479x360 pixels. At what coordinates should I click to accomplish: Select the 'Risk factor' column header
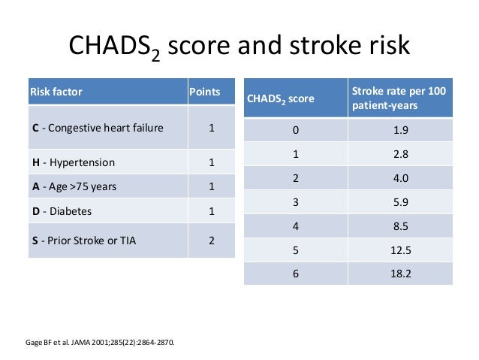point(56,92)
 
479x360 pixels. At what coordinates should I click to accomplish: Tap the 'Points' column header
point(204,92)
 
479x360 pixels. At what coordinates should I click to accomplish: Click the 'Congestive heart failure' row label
point(97,129)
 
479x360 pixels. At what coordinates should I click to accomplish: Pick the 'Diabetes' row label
point(62,212)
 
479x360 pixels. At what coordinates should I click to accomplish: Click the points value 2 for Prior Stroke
point(211,241)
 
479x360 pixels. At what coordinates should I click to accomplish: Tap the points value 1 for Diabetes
point(211,212)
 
